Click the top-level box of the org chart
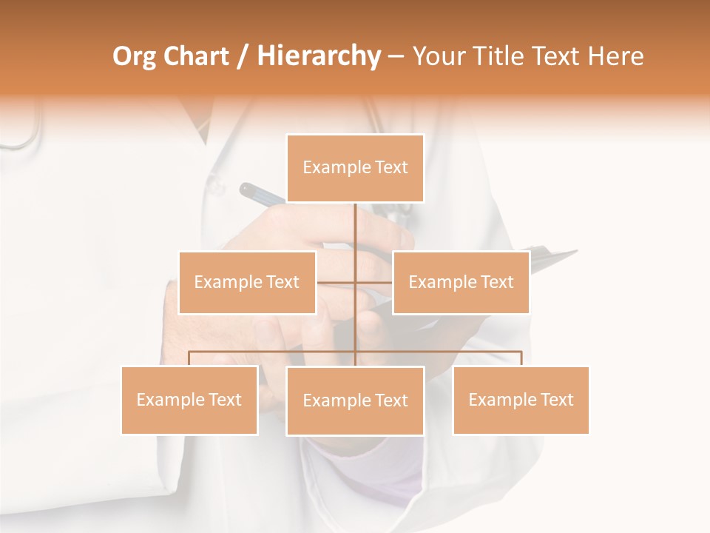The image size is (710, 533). (x=355, y=168)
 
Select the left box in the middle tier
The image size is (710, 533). (x=247, y=282)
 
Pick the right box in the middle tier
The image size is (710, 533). (x=461, y=282)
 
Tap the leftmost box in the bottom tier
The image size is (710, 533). (x=189, y=400)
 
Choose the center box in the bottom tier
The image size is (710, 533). (x=355, y=400)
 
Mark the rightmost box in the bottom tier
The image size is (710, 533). (x=521, y=400)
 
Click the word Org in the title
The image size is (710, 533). (x=132, y=56)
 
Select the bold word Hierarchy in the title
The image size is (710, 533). (x=318, y=56)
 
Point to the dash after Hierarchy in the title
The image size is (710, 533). (x=396, y=56)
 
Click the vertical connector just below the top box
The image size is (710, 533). (x=355, y=222)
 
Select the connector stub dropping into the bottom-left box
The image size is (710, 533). (x=189, y=358)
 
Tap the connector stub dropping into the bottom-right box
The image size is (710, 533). (x=521, y=358)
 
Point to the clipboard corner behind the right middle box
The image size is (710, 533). (x=569, y=254)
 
